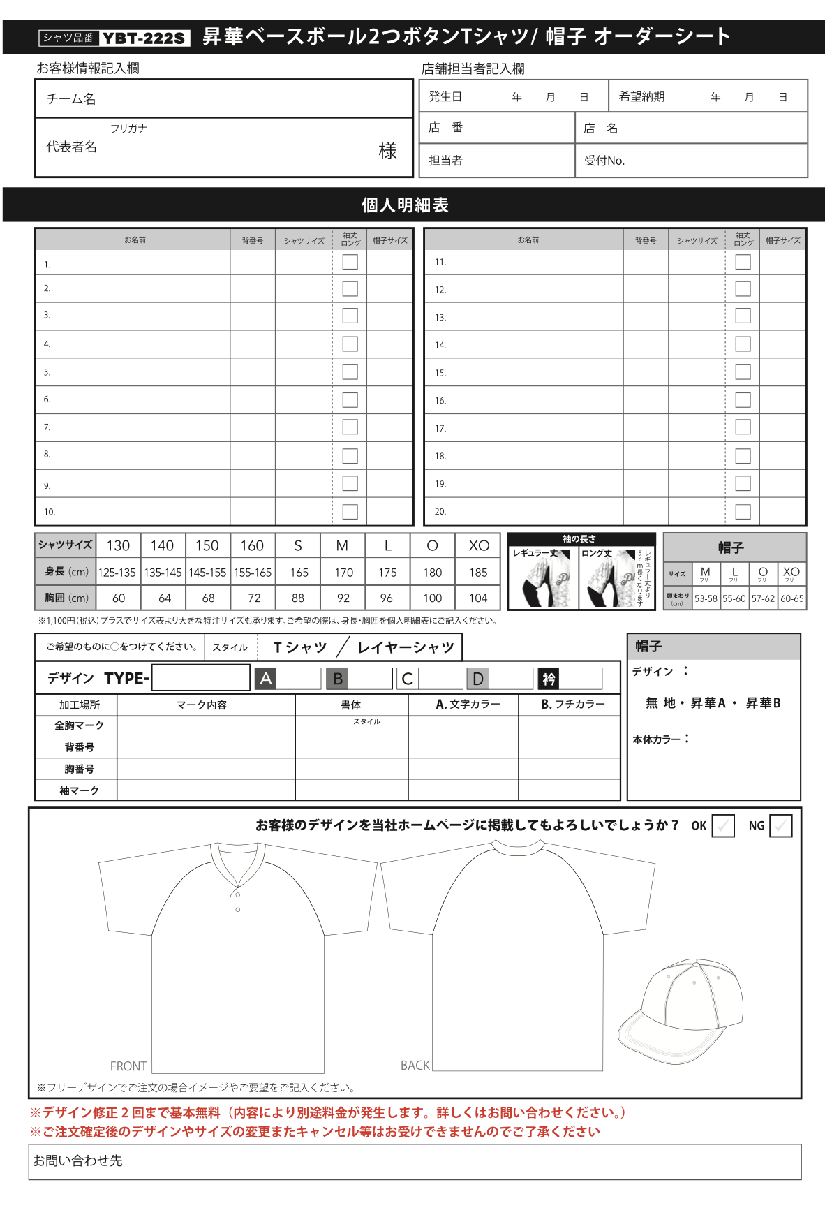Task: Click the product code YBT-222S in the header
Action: tap(144, 38)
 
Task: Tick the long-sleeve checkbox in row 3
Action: tap(350, 316)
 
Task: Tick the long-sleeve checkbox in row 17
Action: tap(743, 427)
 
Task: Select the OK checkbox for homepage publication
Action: tap(723, 825)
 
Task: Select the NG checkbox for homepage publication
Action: tap(780, 825)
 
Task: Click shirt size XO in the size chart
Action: tap(479, 545)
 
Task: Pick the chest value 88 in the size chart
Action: tap(298, 598)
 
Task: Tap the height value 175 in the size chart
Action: tap(387, 572)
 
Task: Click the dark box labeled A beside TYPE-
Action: tap(266, 678)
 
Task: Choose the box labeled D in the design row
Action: tap(478, 678)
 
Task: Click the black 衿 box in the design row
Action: tap(549, 678)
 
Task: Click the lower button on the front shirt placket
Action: tap(238, 910)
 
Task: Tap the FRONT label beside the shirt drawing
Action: tap(128, 1066)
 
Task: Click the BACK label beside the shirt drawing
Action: tap(415, 1065)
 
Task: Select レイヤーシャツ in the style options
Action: tap(406, 647)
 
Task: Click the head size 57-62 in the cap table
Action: tap(763, 598)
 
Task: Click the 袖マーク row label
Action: tap(79, 790)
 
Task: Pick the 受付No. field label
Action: tap(604, 161)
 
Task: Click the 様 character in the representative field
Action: tap(387, 150)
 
